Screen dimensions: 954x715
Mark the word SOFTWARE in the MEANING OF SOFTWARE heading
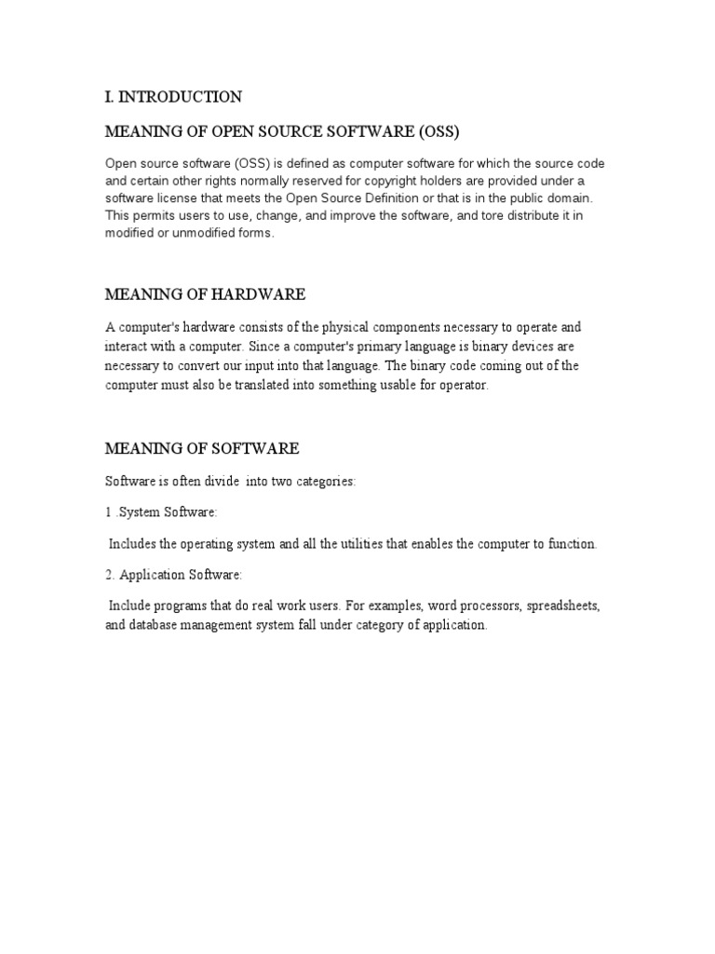[x=252, y=448]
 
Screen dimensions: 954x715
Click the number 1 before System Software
[x=108, y=512]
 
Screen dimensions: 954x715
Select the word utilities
[x=369, y=543]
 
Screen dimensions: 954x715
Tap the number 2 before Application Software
[x=109, y=574]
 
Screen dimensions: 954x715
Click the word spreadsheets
[x=562, y=606]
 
